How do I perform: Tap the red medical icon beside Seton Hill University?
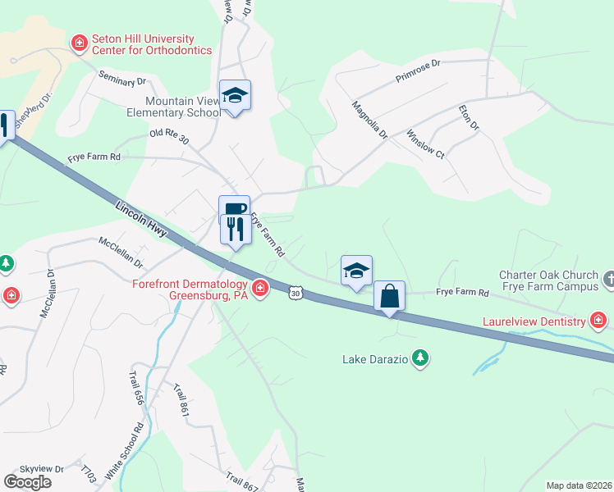[80, 42]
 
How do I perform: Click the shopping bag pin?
[390, 296]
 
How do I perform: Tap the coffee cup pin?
[234, 209]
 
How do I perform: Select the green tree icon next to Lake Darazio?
[420, 358]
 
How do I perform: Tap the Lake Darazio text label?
[376, 359]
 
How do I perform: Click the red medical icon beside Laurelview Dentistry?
[599, 320]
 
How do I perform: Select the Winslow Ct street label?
[425, 143]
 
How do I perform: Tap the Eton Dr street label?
[468, 116]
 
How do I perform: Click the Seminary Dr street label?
[121, 79]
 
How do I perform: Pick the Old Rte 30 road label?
[169, 136]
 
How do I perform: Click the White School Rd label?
[137, 448]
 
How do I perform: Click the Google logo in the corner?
[28, 481]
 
